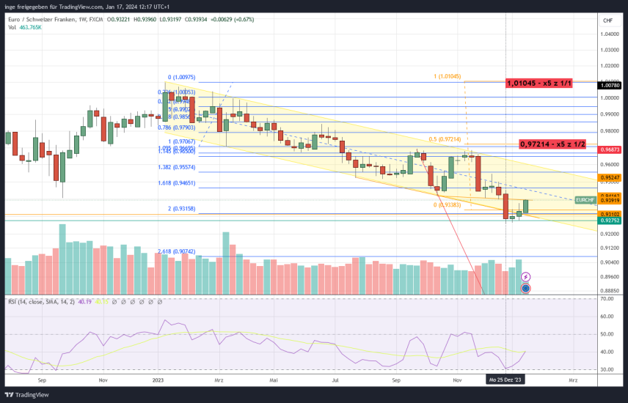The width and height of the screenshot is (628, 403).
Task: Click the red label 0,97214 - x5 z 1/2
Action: [552, 144]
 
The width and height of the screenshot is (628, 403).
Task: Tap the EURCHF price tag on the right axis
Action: [585, 199]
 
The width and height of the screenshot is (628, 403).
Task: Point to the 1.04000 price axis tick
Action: [608, 34]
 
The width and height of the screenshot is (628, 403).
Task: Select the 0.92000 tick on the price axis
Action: [608, 234]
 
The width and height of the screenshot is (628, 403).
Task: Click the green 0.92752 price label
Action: [610, 221]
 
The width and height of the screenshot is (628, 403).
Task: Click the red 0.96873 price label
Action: [610, 149]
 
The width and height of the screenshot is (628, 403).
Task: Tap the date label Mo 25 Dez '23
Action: [505, 381]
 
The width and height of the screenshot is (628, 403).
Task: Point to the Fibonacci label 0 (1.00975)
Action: [181, 77]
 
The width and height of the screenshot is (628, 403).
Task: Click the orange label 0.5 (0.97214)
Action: [445, 138]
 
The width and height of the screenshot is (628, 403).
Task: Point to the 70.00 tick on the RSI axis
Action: [608, 300]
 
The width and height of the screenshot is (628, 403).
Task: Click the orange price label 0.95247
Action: [610, 178]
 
